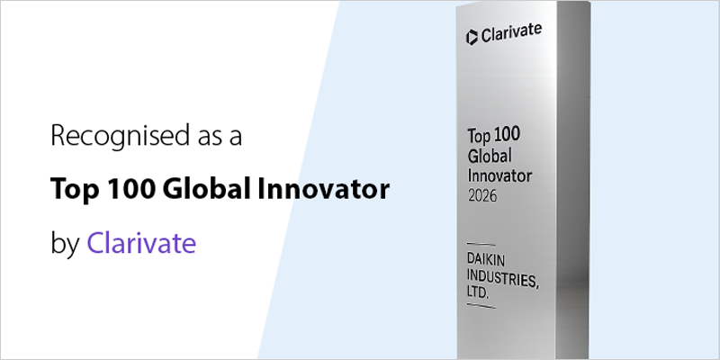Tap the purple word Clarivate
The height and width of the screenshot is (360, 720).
[x=141, y=243]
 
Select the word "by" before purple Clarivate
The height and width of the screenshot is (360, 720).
[x=66, y=244]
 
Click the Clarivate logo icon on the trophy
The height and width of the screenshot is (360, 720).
[x=471, y=36]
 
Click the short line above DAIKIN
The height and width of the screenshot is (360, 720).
[x=481, y=244]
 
